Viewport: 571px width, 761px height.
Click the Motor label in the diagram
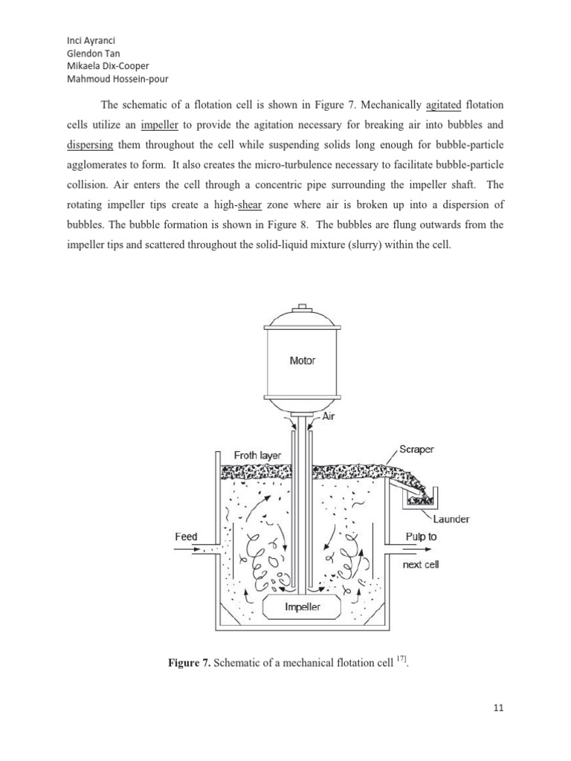click(x=302, y=360)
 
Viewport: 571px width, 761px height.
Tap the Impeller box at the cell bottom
click(x=303, y=607)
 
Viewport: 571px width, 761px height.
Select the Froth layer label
click(x=257, y=455)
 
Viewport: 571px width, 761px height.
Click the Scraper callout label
click(x=417, y=450)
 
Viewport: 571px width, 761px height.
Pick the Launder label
click(x=452, y=519)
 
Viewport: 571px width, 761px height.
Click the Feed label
click(x=186, y=537)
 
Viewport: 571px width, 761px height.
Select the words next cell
click(x=421, y=565)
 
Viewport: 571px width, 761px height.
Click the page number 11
click(x=498, y=708)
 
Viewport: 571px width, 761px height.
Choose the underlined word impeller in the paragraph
click(x=160, y=125)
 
